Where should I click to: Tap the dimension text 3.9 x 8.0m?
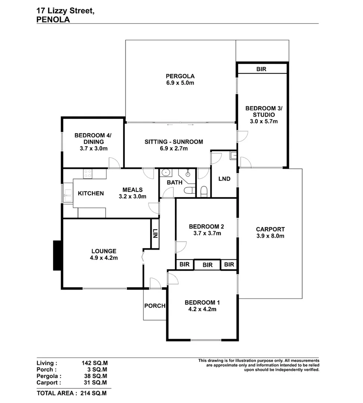(270, 236)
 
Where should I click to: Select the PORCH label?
(155, 306)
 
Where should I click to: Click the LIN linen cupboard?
(155, 234)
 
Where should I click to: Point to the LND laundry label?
(224, 179)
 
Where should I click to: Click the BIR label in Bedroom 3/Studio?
(261, 69)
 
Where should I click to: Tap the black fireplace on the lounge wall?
(57, 255)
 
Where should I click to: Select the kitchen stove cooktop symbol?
(88, 174)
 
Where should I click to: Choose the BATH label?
(174, 182)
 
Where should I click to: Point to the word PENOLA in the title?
(53, 20)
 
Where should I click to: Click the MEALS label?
(132, 190)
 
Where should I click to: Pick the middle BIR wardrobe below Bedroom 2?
(208, 265)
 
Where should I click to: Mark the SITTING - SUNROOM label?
(174, 141)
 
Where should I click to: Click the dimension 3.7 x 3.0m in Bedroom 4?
(94, 148)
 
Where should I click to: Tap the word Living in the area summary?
(47, 363)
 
